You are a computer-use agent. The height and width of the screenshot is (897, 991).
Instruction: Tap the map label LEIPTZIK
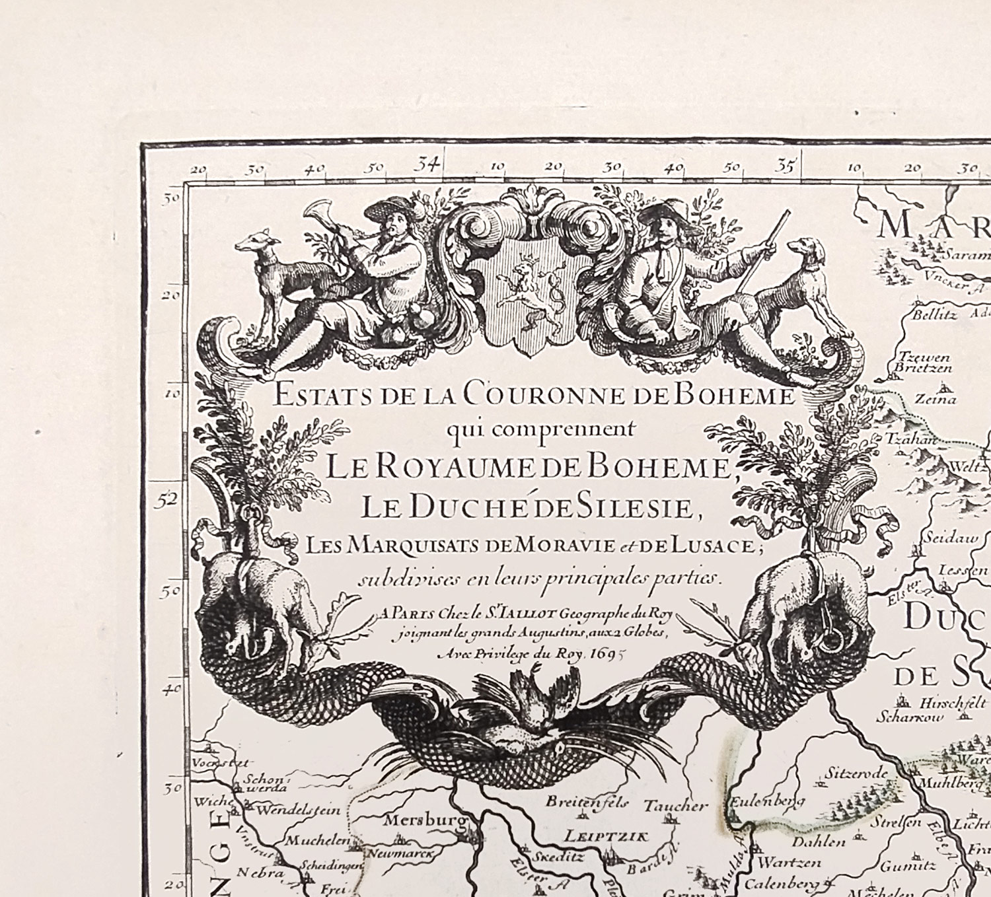606,836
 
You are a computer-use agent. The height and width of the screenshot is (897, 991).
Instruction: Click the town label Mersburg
425,820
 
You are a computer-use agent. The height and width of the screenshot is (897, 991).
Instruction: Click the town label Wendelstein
299,810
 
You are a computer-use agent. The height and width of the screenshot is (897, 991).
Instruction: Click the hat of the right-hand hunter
663,215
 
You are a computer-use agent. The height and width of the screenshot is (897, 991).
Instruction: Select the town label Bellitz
934,315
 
